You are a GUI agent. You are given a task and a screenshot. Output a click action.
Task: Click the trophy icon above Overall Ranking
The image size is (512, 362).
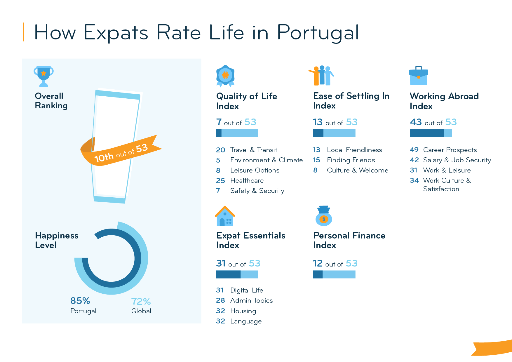(x=43, y=76)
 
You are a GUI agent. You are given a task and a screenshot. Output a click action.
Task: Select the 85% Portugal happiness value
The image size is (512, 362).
(x=80, y=301)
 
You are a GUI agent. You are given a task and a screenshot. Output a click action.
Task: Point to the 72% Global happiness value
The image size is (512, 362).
(x=141, y=302)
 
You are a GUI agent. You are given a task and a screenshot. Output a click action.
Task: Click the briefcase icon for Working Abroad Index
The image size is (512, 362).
(x=418, y=76)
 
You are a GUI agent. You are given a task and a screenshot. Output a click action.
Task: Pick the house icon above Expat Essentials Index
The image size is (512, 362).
(x=225, y=216)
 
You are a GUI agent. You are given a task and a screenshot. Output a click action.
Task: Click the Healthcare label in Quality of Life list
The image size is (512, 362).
(x=247, y=181)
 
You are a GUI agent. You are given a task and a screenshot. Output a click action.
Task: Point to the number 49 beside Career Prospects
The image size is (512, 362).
(x=414, y=150)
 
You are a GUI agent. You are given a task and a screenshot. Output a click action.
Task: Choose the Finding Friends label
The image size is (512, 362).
(x=351, y=160)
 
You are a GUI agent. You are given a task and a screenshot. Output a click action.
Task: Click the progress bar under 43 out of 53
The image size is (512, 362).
(x=431, y=133)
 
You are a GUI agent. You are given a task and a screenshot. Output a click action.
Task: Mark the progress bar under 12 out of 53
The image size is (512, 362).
(x=334, y=274)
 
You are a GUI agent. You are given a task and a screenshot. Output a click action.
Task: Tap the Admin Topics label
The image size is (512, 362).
(x=251, y=301)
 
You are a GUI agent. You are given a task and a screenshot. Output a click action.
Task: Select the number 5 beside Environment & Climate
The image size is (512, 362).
(x=218, y=160)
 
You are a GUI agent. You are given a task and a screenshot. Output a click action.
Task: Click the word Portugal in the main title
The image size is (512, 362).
(x=318, y=33)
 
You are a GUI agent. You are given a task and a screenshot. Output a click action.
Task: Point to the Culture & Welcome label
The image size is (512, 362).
(x=357, y=170)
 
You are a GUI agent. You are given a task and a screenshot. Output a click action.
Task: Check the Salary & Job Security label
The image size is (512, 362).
(x=457, y=160)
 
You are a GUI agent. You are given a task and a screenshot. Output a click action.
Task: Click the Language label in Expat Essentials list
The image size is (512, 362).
(x=246, y=321)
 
